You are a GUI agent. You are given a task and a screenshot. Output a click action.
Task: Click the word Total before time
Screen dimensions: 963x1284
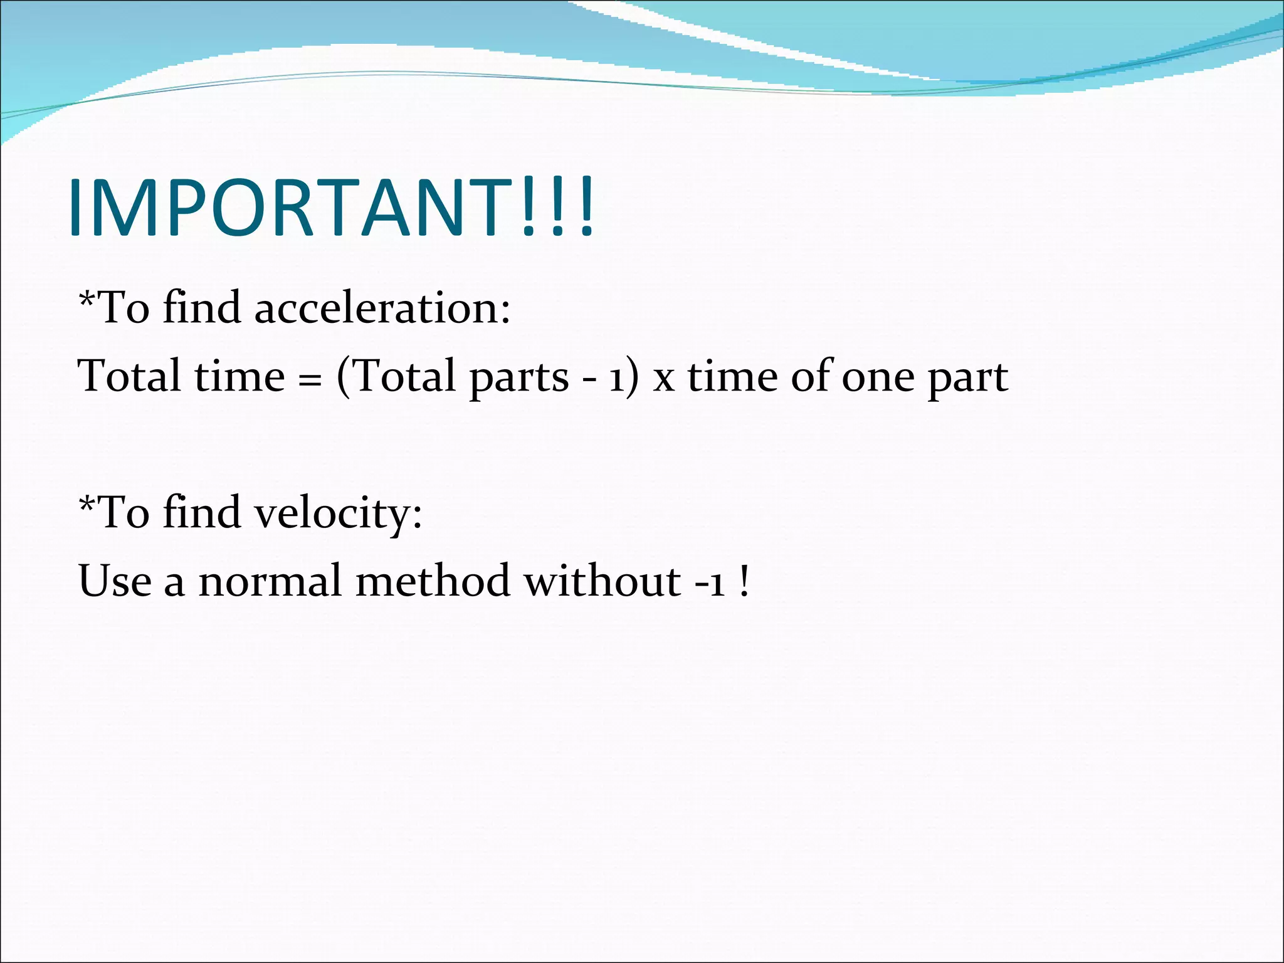pyautogui.click(x=129, y=376)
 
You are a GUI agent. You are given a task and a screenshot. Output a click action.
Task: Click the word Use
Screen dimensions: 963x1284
pyautogui.click(x=115, y=581)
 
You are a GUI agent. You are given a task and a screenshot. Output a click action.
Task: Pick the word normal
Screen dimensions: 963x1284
pyautogui.click(x=270, y=581)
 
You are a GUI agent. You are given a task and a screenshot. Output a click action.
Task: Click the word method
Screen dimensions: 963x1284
pyautogui.click(x=433, y=581)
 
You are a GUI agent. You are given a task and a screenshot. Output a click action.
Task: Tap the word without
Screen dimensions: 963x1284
pyautogui.click(x=603, y=581)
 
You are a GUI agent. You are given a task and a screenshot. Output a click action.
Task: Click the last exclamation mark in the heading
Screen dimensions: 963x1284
pyautogui.click(x=586, y=208)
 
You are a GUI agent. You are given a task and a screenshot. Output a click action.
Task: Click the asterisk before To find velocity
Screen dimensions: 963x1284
pyautogui.click(x=87, y=503)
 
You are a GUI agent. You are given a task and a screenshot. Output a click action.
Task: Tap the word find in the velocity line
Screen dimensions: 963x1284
pyautogui.click(x=201, y=512)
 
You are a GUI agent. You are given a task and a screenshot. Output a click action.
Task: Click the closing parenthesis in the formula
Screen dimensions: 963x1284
pyautogui.click(x=633, y=377)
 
